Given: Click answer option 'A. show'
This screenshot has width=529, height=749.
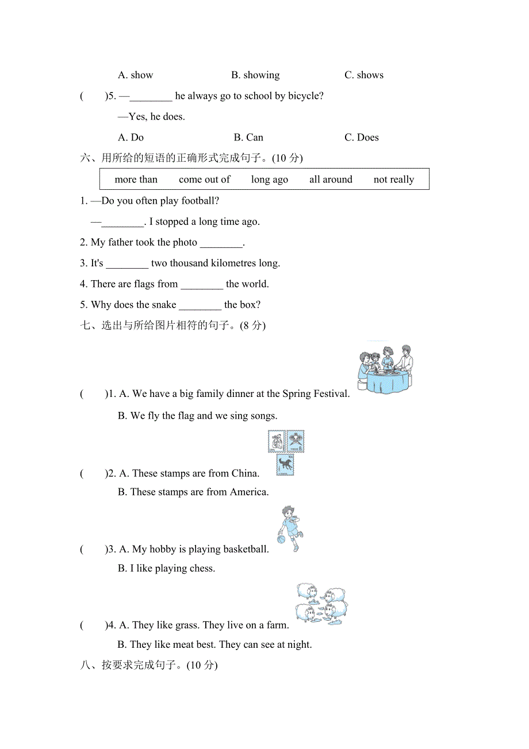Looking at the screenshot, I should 135,75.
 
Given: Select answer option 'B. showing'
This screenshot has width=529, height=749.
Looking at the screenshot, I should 255,75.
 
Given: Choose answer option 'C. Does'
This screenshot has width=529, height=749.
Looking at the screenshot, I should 362,137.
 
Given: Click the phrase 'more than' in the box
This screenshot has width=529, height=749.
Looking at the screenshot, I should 136,179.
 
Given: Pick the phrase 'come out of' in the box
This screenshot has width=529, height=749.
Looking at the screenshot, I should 204,179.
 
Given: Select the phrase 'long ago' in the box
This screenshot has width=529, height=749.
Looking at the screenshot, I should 270,179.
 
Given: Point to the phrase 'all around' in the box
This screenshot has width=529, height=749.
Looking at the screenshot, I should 331,179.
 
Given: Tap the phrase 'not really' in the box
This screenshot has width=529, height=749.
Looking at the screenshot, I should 394,179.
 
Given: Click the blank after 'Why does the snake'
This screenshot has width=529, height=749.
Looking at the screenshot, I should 200,305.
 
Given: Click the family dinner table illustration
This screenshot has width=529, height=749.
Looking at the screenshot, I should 385,370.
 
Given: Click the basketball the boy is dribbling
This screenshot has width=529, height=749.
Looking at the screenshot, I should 281,540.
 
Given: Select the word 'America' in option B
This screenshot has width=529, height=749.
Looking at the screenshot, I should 248,492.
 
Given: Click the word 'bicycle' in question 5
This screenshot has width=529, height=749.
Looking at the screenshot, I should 305,96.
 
